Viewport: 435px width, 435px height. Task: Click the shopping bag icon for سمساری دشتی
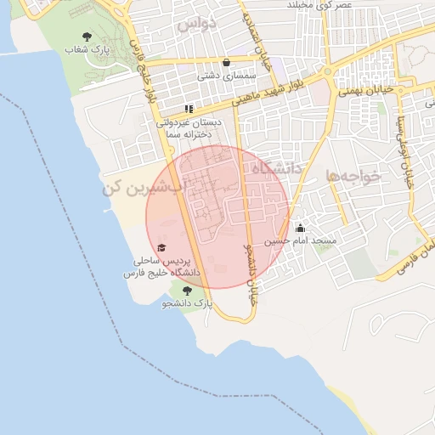pyautogui.click(x=226, y=62)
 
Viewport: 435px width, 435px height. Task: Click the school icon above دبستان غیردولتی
pyautogui.click(x=189, y=109)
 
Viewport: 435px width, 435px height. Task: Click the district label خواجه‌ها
pyautogui.click(x=357, y=176)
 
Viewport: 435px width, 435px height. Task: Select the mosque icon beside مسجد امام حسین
pyautogui.click(x=300, y=228)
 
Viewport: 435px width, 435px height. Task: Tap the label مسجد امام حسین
pyautogui.click(x=300, y=241)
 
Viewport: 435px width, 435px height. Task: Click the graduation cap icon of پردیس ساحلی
pyautogui.click(x=161, y=246)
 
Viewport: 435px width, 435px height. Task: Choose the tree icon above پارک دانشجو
pyautogui.click(x=187, y=290)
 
